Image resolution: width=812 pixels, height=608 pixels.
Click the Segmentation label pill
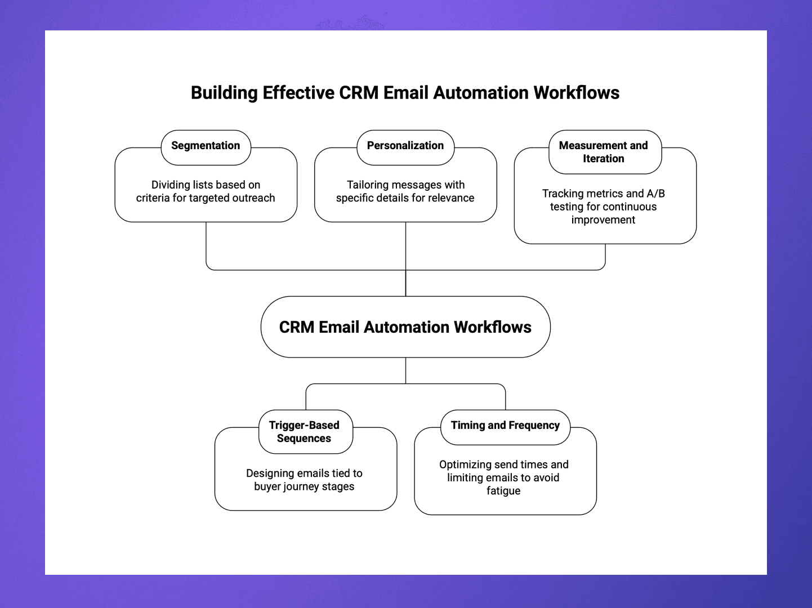(x=206, y=146)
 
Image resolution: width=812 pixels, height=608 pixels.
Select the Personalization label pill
(x=405, y=146)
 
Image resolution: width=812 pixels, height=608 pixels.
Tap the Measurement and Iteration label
(x=604, y=152)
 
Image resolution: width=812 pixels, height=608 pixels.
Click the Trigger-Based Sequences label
(x=304, y=432)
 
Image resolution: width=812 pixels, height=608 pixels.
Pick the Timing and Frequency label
(x=505, y=426)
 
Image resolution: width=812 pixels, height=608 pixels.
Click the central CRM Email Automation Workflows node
(x=405, y=327)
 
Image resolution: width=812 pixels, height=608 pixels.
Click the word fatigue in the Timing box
(x=503, y=491)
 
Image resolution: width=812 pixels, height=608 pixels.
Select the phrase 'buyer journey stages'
(x=304, y=486)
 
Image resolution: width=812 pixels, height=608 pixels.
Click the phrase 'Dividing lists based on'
(x=206, y=185)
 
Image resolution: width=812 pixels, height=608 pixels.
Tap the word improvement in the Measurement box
(x=603, y=220)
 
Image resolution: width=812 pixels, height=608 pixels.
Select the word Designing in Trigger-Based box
(x=271, y=473)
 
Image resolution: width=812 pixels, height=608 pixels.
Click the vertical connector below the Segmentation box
(x=206, y=245)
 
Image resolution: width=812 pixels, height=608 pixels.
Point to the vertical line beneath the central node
(x=405, y=370)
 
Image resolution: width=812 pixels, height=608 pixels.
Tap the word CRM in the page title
(x=359, y=93)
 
